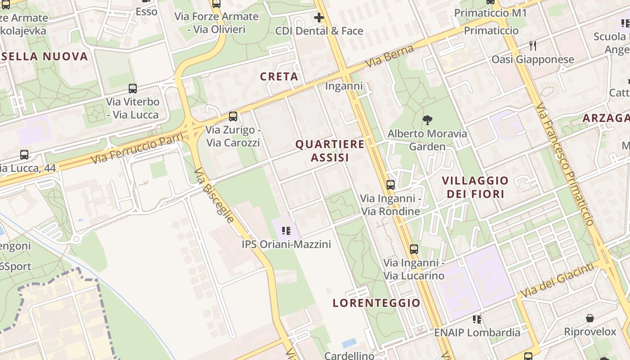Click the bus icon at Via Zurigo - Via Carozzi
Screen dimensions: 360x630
coord(233,117)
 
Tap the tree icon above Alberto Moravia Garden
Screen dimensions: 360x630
coord(427,120)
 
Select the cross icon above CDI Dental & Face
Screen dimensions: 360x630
coord(319,18)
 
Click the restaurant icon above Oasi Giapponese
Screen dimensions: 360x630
coord(533,46)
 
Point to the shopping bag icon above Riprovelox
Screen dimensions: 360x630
coord(590,319)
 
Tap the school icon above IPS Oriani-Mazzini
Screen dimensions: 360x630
coord(286,231)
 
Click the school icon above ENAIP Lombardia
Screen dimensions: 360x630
coord(477,319)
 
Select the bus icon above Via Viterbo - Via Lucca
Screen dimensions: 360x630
coord(132,89)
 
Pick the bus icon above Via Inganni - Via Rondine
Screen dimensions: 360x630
coord(391,184)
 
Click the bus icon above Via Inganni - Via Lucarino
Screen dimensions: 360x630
coord(414,249)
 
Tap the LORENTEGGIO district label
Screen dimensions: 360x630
coord(376,303)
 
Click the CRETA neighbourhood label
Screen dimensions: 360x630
coord(279,76)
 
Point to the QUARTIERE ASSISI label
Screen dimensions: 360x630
coord(330,151)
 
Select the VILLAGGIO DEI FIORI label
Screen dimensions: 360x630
coord(475,187)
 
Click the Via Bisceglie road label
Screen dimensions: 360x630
coord(214,195)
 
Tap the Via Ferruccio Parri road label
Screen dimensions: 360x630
coord(137,148)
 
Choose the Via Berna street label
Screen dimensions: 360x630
coord(389,56)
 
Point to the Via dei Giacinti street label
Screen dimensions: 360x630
coord(557,281)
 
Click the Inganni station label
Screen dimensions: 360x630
coord(344,86)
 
